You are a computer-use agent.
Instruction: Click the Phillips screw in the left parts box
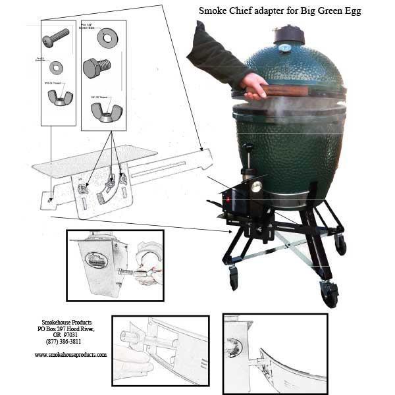pos(56,36)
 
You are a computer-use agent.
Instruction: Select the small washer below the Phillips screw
pos(57,66)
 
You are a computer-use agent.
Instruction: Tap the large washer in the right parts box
pos(107,38)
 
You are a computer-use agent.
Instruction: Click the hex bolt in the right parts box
pos(97,68)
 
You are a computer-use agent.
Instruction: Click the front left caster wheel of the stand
pos(234,278)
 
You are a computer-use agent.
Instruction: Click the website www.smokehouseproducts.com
pos(70,354)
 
